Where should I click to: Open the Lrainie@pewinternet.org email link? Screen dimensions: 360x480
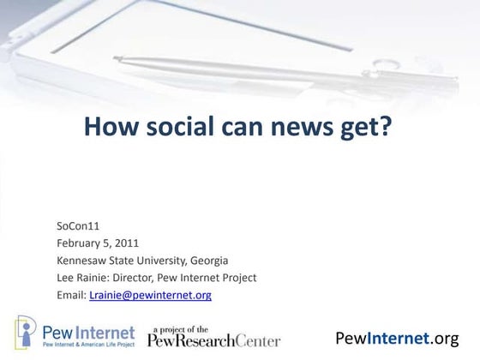pyautogui.click(x=150, y=295)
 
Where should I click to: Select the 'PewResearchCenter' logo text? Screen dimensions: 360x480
pyautogui.click(x=213, y=340)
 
